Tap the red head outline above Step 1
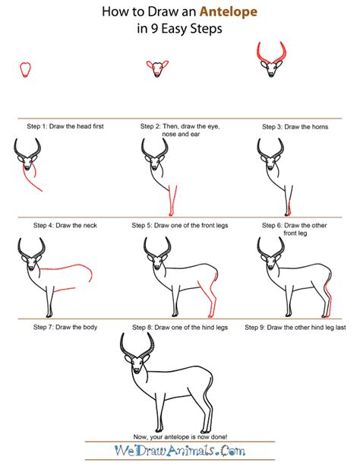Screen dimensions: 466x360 26,69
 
